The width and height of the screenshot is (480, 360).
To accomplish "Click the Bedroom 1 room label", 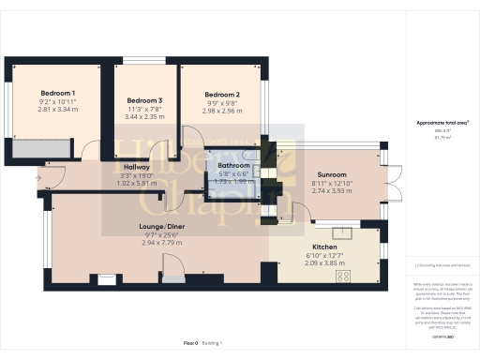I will click(x=57, y=93).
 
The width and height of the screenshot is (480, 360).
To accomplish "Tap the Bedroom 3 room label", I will click(x=144, y=100).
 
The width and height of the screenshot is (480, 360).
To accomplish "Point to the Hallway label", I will click(x=138, y=167).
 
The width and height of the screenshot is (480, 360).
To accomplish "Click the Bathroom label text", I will click(x=233, y=165).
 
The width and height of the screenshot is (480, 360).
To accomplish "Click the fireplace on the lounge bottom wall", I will click(x=107, y=277).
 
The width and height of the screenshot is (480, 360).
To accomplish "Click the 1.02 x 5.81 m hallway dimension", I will click(x=138, y=183).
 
